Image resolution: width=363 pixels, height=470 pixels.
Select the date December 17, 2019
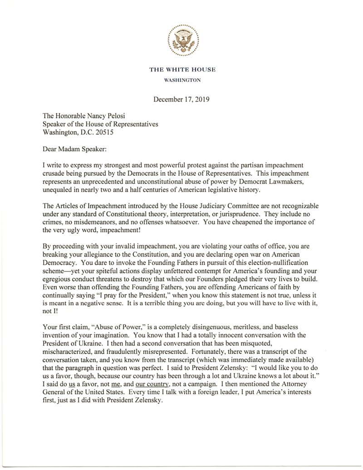181,99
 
